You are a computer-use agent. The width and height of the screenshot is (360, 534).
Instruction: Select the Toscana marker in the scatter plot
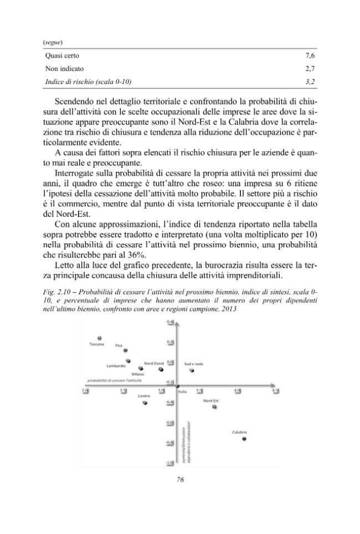coord(99,338)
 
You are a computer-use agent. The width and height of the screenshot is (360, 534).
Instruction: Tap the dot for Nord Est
coord(214,407)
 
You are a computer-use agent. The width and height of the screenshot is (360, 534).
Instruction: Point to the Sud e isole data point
coord(192,370)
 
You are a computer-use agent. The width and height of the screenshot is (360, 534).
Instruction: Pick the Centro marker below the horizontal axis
coord(145,403)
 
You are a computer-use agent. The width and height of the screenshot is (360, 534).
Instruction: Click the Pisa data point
coord(125,350)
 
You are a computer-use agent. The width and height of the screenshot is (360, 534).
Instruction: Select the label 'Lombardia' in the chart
coord(116,366)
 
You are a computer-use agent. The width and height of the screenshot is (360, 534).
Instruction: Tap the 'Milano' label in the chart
coord(138,375)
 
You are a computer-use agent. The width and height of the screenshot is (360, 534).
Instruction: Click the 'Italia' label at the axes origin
coord(182,391)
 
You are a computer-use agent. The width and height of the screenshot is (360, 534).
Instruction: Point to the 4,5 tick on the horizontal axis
coord(275,391)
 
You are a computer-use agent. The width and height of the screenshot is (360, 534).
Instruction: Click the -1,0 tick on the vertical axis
coord(170,462)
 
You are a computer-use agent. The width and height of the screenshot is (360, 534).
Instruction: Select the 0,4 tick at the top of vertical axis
coord(170,322)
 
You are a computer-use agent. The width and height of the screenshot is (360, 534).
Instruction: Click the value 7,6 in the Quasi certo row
coord(310,56)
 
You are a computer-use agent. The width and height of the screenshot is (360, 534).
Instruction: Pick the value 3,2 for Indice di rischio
coord(310,82)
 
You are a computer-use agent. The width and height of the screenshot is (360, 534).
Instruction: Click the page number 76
coord(179,480)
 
